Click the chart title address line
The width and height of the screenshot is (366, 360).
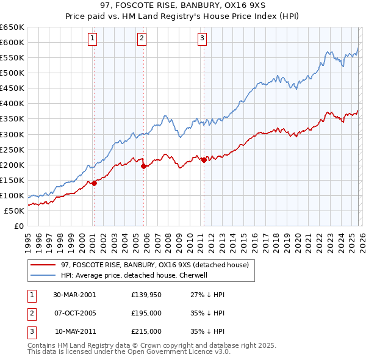click(183, 7)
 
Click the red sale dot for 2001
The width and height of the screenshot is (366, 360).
click(95, 183)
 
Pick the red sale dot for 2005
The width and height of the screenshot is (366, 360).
click(143, 166)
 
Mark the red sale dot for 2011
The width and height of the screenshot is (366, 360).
click(204, 160)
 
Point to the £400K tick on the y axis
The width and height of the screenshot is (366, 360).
click(13, 103)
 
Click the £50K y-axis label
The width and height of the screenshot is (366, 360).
click(15, 211)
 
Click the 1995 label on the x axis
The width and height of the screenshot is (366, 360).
click(28, 242)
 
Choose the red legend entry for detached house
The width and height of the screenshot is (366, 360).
click(155, 265)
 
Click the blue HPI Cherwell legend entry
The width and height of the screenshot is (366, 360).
click(135, 275)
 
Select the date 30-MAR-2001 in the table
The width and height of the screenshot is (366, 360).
click(74, 295)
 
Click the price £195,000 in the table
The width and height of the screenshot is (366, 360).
click(146, 313)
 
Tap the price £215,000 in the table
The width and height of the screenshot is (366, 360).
click(146, 331)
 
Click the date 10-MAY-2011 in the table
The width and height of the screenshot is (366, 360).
click(74, 331)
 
